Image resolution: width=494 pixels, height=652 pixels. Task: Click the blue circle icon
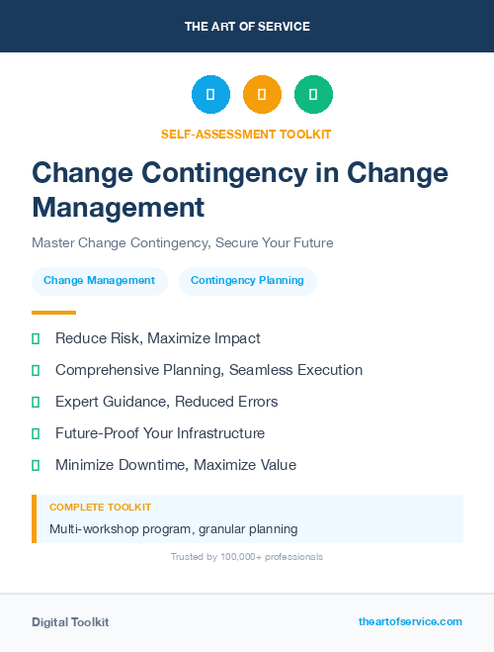click(x=210, y=94)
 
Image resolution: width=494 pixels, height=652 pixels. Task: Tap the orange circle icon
click(x=262, y=94)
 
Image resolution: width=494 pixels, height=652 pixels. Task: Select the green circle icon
click(x=313, y=94)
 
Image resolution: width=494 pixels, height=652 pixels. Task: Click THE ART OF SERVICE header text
click(x=247, y=27)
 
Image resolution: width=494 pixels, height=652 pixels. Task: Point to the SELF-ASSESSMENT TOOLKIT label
click(x=247, y=134)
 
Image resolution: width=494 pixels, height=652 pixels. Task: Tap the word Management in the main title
click(x=119, y=207)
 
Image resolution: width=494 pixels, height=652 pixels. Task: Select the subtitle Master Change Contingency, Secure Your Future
click(x=183, y=242)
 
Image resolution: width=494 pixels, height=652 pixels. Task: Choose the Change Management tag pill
click(x=99, y=281)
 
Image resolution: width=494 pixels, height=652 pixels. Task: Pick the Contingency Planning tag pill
click(x=247, y=281)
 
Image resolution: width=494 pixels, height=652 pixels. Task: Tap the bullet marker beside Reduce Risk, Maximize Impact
click(x=36, y=338)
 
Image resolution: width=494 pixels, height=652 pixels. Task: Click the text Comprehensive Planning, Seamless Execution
click(x=208, y=370)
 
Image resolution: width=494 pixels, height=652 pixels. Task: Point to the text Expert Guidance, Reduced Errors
click(x=166, y=402)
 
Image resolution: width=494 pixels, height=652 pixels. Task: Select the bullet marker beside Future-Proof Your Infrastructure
click(x=36, y=433)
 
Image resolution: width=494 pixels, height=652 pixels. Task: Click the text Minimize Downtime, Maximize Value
click(x=175, y=465)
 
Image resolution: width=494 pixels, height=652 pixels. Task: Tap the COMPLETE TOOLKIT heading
click(x=100, y=507)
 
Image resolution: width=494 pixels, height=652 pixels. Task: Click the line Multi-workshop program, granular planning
click(x=173, y=528)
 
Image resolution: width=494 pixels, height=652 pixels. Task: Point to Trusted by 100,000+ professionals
click(x=247, y=557)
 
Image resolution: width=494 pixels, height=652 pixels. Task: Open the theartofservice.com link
click(x=410, y=621)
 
